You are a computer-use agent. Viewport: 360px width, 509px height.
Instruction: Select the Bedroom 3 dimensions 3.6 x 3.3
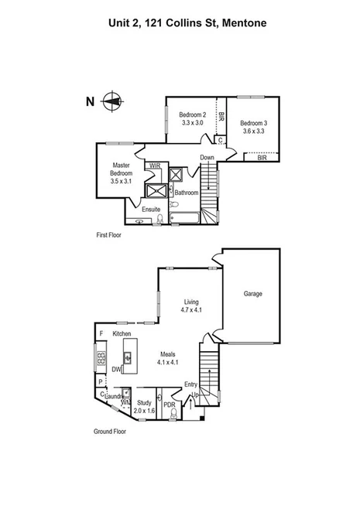253,132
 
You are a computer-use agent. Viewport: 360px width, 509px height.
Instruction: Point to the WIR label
154,166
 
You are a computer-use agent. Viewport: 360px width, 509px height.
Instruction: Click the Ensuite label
151,209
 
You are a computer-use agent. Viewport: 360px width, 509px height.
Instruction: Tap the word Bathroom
186,193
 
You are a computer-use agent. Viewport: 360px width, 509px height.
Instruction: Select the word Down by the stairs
207,158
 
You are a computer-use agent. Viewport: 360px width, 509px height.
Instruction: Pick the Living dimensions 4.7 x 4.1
191,310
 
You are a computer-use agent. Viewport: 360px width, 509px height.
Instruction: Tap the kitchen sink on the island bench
129,358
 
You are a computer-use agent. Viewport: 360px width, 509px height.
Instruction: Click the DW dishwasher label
116,370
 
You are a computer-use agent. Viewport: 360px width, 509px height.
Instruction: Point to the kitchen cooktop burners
101,359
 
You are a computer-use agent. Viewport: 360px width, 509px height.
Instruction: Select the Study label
144,402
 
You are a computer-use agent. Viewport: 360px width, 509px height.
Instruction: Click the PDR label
169,405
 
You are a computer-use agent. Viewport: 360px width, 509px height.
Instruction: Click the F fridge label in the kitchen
101,333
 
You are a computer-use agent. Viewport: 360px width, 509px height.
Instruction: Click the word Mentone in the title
245,23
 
